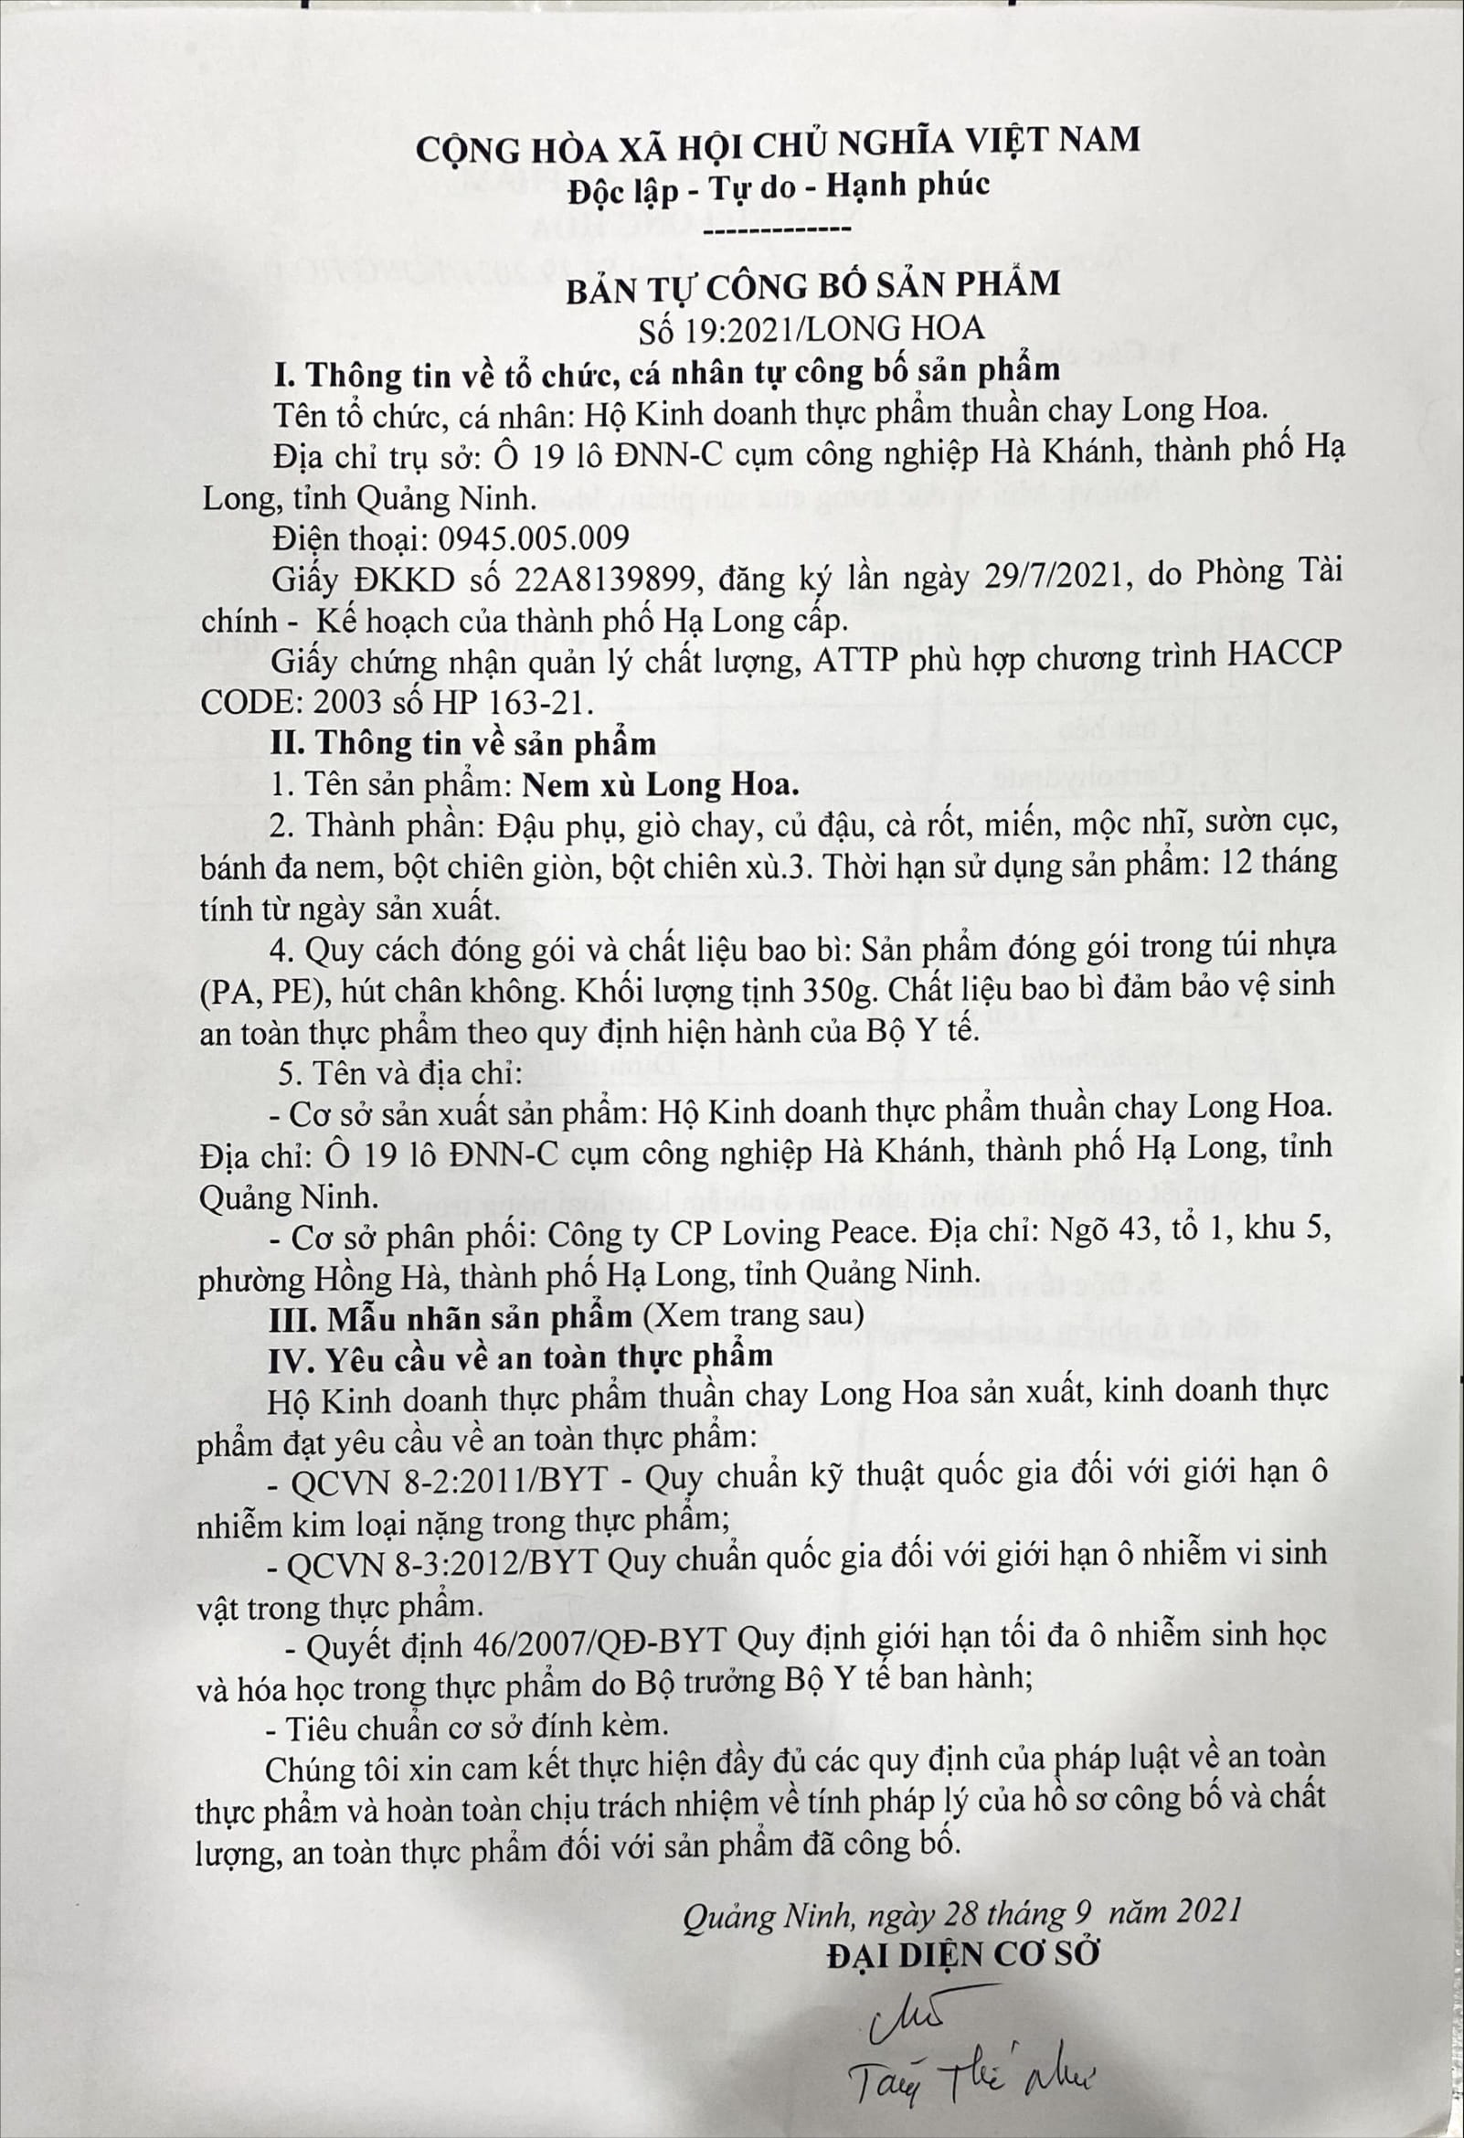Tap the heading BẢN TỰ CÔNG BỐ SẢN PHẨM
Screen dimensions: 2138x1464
click(x=812, y=282)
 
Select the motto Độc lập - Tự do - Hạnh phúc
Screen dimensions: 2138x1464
click(x=778, y=185)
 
